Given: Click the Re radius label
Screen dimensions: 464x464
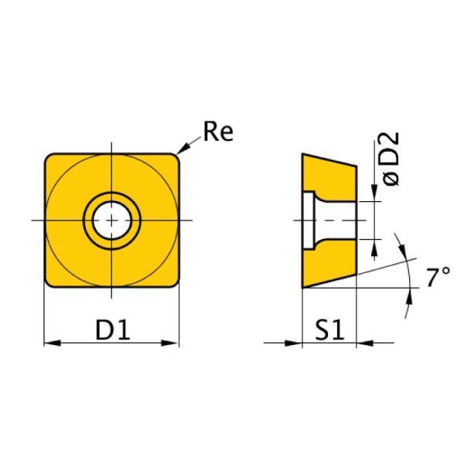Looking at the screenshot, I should coord(217,133).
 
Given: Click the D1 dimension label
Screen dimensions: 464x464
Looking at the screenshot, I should coord(112,330).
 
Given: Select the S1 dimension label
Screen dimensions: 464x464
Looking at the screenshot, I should coord(329,330).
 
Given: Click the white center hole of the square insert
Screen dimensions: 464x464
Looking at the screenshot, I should coord(112,220).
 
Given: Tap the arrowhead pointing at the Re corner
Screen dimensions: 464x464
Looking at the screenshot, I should coord(183,148).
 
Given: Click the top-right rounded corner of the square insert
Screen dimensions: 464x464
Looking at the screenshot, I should coord(175,157).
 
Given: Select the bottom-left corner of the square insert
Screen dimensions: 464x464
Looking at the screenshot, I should coord(49,284).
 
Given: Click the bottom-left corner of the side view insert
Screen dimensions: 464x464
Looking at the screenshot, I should coord(303,287).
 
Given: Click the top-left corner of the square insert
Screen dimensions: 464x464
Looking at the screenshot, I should coord(49,157).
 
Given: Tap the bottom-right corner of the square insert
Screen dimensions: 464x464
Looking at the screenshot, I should coord(175,284).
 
